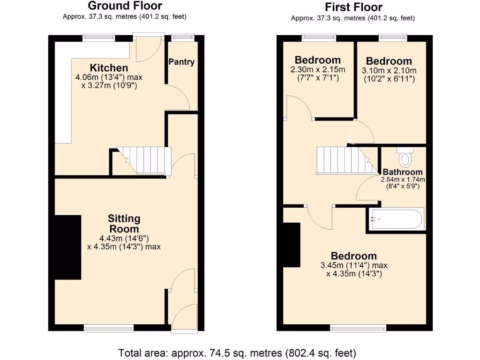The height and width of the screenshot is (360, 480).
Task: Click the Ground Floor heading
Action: pos(125,6)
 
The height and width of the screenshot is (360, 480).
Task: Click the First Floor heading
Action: pos(353,7)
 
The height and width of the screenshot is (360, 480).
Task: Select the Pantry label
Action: pos(181,62)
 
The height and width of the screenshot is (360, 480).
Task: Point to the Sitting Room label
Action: pos(124,224)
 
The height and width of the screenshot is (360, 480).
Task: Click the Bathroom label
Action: pos(402,172)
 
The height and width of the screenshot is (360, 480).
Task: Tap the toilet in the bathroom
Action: pos(404,157)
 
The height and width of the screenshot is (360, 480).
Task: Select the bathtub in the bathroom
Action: pos(397,218)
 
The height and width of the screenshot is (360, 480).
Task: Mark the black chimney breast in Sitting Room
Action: pos(68,247)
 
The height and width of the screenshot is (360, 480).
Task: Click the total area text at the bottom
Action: pos(237,352)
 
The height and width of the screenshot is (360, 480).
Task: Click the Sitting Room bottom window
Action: pos(109,328)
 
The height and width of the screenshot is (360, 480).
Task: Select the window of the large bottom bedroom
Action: pos(358,327)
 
